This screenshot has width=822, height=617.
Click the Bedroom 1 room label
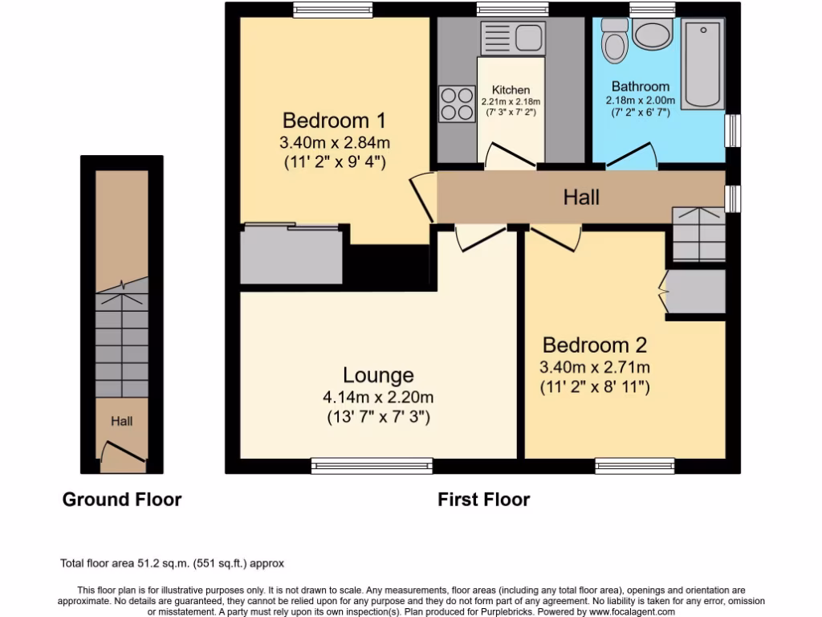tap(334, 121)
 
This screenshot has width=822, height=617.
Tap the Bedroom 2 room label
tap(594, 345)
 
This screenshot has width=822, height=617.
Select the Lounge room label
tap(378, 375)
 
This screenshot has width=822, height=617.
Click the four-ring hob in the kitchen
tap(457, 103)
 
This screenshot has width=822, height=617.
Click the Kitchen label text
tap(511, 90)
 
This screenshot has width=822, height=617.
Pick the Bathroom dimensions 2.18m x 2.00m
tap(640, 100)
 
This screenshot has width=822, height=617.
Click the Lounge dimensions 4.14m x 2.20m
tap(379, 397)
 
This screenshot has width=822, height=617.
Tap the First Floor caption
tap(483, 500)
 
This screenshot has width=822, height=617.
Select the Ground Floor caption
tap(122, 500)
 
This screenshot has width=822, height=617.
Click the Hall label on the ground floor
tap(122, 421)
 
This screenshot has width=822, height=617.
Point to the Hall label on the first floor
tap(581, 197)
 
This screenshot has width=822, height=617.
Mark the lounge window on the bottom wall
tap(371, 464)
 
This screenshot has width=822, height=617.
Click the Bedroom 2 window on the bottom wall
tap(634, 464)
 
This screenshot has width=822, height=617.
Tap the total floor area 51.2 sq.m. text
tap(173, 563)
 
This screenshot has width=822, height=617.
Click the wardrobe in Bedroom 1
tap(291, 255)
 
